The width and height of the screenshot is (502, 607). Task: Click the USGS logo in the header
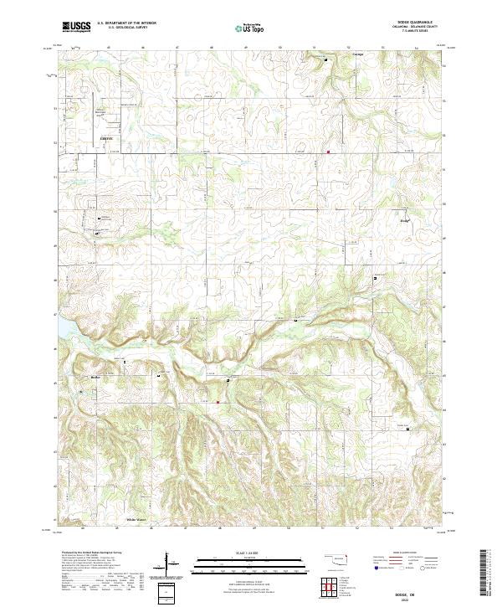click(76, 28)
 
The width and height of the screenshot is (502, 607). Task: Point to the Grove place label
click(105, 137)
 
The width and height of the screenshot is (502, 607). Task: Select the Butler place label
click(95, 378)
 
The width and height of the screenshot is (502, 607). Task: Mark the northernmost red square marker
click(329, 152)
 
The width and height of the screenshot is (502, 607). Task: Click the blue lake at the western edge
click(61, 330)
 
